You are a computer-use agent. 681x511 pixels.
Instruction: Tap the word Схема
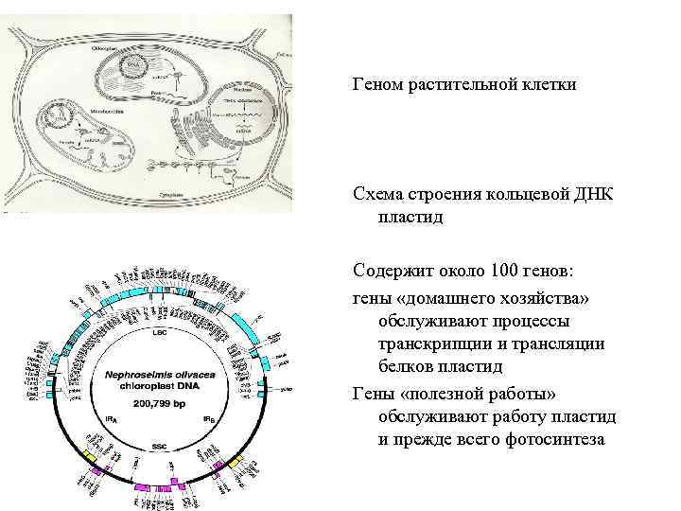(x=376, y=194)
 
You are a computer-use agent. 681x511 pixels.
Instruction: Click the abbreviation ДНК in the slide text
(x=594, y=194)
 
